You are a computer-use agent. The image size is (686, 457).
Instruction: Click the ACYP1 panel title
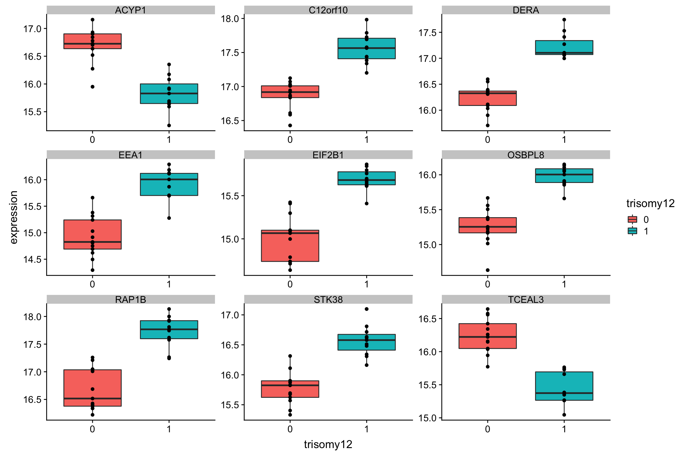130,10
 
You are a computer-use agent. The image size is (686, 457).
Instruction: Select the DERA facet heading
526,10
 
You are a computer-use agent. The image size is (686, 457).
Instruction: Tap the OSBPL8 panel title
526,155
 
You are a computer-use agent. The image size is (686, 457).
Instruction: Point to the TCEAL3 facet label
526,300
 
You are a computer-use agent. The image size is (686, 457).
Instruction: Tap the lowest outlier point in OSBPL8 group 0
488,270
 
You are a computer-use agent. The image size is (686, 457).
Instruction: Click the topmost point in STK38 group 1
367,309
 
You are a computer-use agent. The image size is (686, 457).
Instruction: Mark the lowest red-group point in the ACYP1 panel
93,87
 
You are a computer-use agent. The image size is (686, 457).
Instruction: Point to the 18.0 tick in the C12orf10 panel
230,19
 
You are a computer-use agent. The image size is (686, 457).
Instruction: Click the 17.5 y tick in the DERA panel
428,33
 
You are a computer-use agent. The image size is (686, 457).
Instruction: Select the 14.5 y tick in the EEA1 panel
32,259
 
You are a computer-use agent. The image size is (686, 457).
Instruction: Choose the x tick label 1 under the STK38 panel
367,429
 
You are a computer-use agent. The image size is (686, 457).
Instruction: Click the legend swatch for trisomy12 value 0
632,220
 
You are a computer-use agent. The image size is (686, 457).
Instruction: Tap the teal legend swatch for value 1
632,231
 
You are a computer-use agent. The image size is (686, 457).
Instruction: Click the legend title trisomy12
650,204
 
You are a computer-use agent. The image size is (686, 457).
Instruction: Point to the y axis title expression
14,217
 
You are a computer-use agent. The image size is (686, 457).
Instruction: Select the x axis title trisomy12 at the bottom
328,444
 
